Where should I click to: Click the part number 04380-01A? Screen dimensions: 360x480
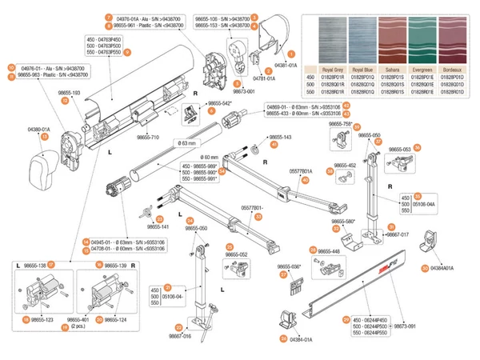tap(38, 128)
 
